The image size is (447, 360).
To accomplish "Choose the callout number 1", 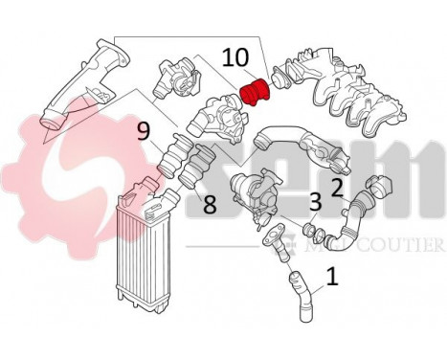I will tap(332, 278).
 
